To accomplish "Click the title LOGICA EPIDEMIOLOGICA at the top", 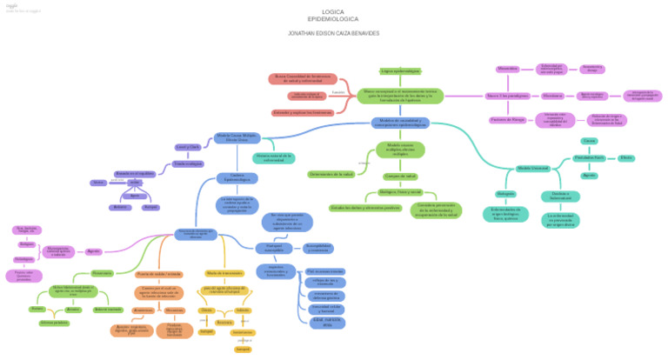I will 333,15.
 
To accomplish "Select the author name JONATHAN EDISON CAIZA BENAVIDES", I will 333,33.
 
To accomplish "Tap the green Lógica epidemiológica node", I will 400,70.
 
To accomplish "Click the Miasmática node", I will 508,68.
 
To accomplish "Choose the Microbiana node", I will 551,94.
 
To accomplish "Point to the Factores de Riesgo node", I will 508,118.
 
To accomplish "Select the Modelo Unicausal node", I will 533,167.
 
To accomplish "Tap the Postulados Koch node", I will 589,157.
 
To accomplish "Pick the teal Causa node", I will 589,140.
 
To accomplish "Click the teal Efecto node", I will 626,157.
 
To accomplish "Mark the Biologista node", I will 506,193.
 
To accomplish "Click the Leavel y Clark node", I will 187,146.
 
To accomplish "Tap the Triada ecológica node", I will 187,163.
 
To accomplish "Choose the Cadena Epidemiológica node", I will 237,178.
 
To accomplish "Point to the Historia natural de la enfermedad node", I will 274,157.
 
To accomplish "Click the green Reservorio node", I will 102,273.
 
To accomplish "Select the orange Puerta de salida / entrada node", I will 159,273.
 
